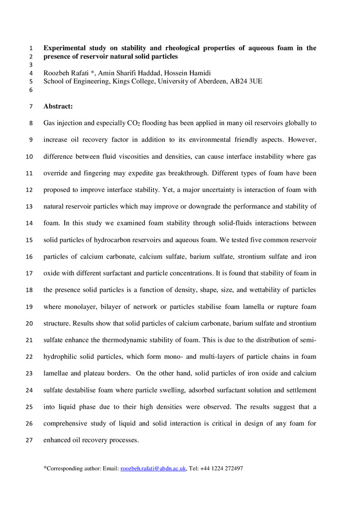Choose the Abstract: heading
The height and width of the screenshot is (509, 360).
coord(58,106)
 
